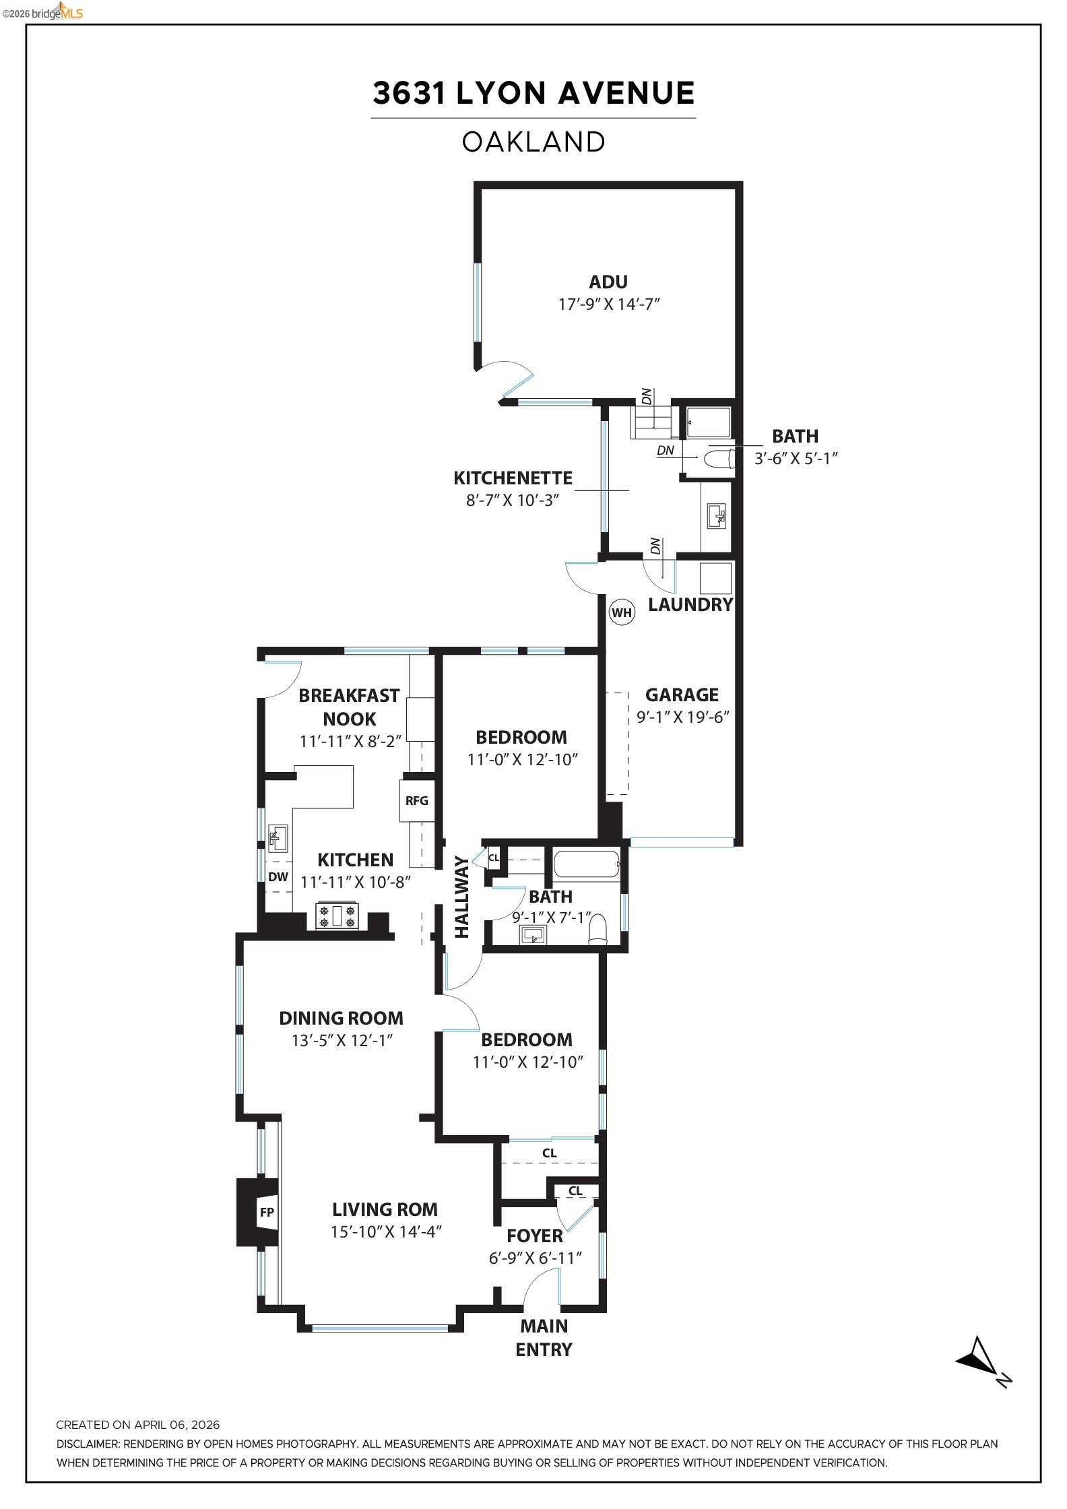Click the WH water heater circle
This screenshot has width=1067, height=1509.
pyautogui.click(x=621, y=612)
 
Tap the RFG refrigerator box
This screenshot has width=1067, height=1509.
pyautogui.click(x=417, y=801)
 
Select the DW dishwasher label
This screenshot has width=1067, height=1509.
pyautogui.click(x=278, y=876)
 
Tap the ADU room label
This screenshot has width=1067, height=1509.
pyautogui.click(x=608, y=282)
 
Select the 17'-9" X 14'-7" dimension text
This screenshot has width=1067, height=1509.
pyautogui.click(x=608, y=304)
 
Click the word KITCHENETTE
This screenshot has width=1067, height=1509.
pyautogui.click(x=513, y=478)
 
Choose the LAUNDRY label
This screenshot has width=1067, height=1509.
pyautogui.click(x=690, y=604)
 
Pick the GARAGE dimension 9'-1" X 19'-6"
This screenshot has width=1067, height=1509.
pyautogui.click(x=683, y=717)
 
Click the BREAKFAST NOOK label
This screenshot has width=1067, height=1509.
pyautogui.click(x=349, y=707)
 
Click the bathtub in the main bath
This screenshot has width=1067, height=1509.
pyautogui.click(x=586, y=864)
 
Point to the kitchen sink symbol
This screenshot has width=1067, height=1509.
pyautogui.click(x=278, y=838)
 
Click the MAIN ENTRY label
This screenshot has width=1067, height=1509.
pyautogui.click(x=544, y=1338)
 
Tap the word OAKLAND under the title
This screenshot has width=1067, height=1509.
pyautogui.click(x=533, y=142)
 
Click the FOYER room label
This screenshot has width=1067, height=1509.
pyautogui.click(x=535, y=1235)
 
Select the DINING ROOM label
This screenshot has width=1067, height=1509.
pyautogui.click(x=341, y=1018)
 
